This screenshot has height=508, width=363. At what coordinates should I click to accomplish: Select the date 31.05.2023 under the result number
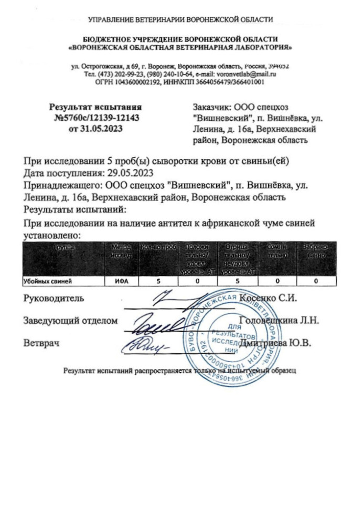click(98, 128)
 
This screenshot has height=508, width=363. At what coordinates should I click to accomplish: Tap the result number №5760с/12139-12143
click(97, 117)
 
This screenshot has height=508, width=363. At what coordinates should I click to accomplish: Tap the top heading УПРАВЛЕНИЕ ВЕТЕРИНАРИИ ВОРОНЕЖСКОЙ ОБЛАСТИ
click(181, 20)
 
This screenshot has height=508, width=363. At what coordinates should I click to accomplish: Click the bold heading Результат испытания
click(96, 107)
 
